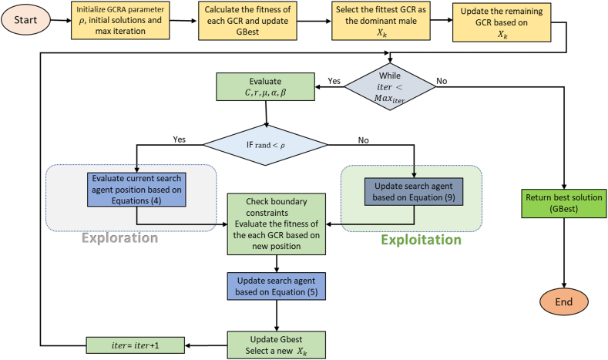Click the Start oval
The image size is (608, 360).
tap(25, 20)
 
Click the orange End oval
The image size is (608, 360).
tap(564, 301)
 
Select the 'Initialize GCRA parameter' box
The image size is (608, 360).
tap(120, 20)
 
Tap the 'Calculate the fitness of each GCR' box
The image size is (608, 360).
tap(247, 21)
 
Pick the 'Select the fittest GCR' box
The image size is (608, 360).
tap(381, 21)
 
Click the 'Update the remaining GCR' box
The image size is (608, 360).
tap(502, 22)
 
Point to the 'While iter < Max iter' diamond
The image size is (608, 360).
tap(390, 87)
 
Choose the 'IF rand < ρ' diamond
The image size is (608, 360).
tap(266, 145)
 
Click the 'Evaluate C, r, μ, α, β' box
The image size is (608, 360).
tap(266, 87)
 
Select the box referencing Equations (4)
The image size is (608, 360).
tap(136, 190)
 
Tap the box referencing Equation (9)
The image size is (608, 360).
tap(414, 192)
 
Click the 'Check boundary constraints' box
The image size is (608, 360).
tap(277, 224)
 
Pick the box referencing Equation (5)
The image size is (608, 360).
tap(277, 286)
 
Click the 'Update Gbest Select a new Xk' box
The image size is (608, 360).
tap(277, 345)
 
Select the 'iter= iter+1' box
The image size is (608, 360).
tap(136, 345)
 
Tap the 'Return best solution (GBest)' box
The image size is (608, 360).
tap(564, 204)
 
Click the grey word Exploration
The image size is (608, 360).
tap(120, 237)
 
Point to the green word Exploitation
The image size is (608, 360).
tap(422, 240)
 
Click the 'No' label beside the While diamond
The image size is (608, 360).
tap(442, 81)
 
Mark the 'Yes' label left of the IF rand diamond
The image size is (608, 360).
tap(179, 140)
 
